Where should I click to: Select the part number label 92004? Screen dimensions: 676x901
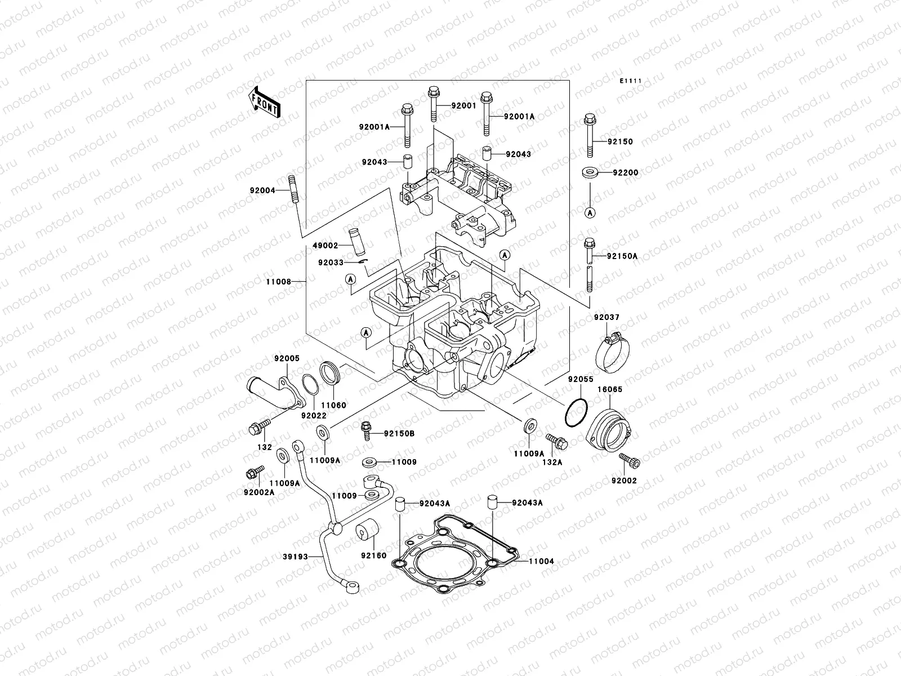coord(262,190)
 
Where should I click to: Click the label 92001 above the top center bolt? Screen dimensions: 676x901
coord(463,105)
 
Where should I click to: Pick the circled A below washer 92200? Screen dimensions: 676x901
coord(590,212)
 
